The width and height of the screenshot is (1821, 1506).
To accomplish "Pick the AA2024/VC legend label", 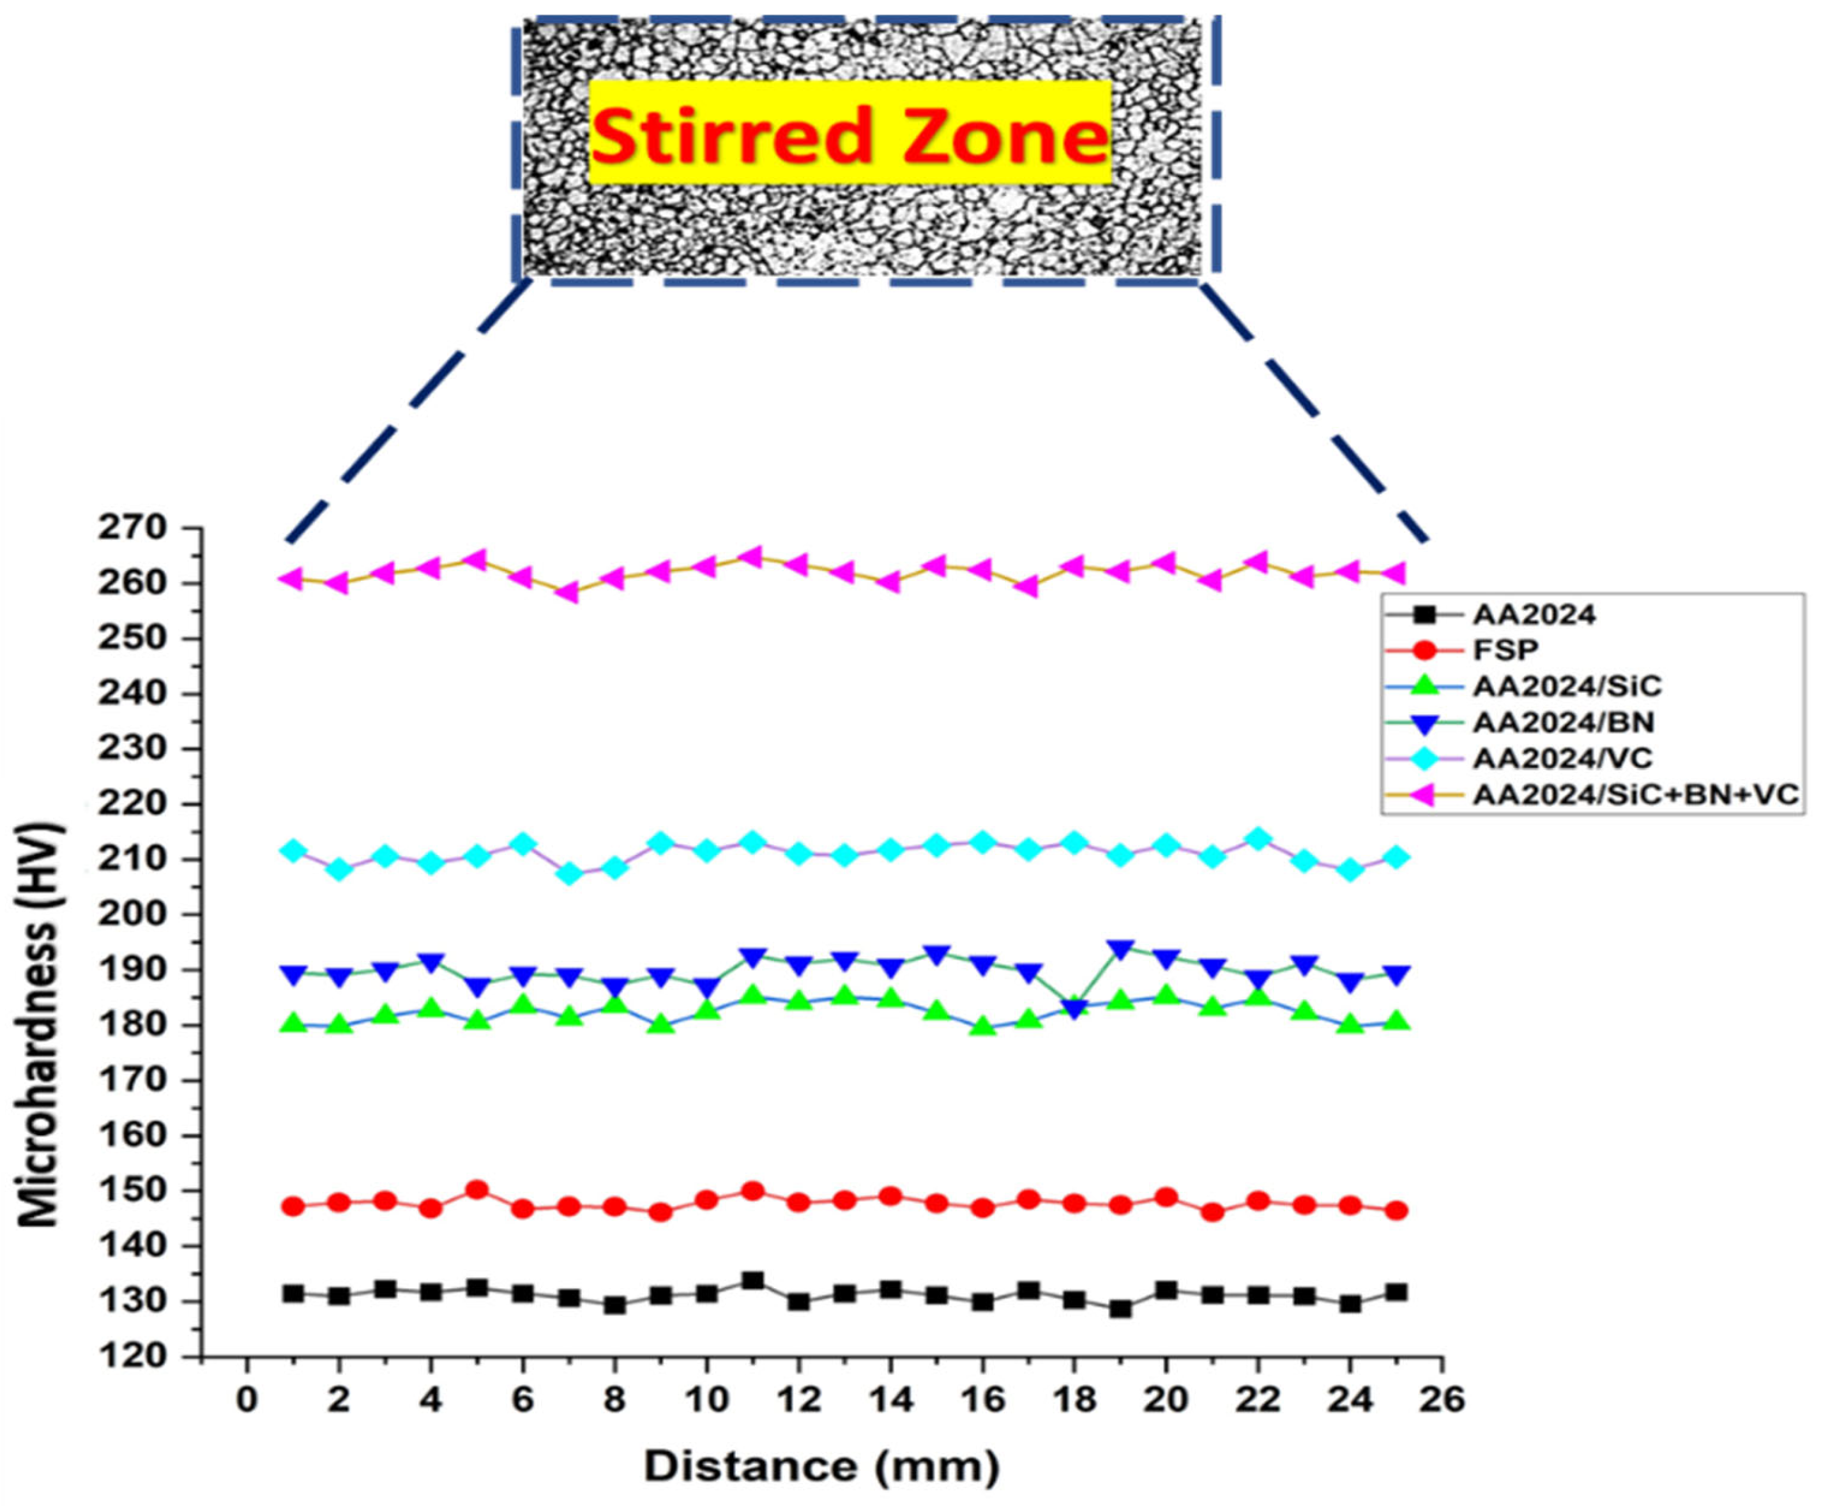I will coord(1562,758).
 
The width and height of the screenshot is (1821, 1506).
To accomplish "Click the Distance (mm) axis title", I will coord(821,1467).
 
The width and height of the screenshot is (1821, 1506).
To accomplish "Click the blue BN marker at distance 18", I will coord(1074,1009).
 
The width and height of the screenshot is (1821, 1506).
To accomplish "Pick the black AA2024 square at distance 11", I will coord(752,1280).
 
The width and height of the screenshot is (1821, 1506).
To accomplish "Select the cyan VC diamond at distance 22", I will coord(1258,839).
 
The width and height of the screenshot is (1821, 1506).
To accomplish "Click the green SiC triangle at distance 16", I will coord(982,1026).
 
